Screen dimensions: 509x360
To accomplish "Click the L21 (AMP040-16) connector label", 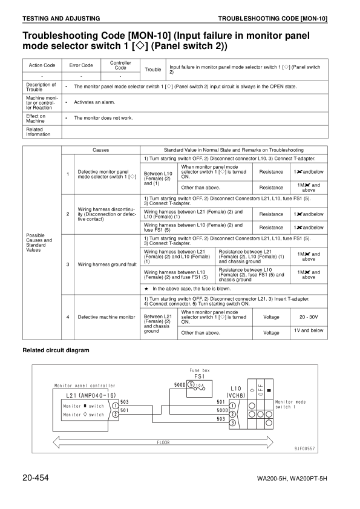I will [88, 395].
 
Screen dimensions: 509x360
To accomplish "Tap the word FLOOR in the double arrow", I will [163, 442].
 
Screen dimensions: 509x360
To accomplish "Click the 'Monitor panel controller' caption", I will [85, 385].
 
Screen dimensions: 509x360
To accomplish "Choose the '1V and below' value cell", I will [309, 331].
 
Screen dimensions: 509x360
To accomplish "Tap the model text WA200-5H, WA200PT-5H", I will [292, 479].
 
